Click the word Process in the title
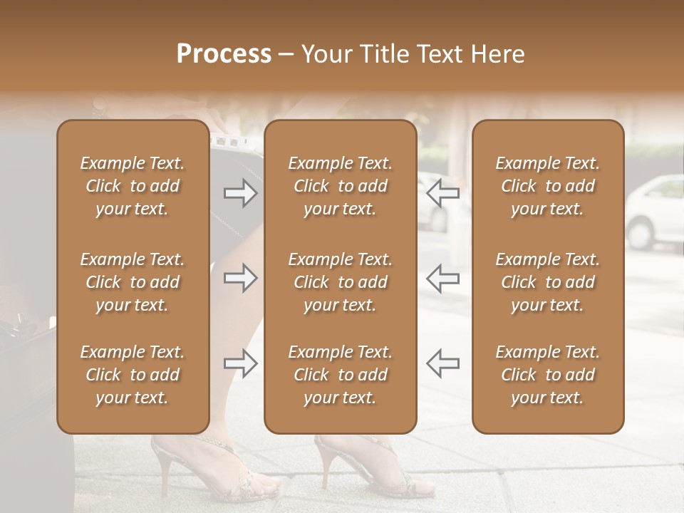[224, 54]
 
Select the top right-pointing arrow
[240, 193]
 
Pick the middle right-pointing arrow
[240, 278]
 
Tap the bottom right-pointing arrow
[240, 363]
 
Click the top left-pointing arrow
[443, 193]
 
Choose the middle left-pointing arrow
[443, 278]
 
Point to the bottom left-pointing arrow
[443, 363]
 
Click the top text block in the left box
[133, 186]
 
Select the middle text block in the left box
[133, 282]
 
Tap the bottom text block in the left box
[133, 375]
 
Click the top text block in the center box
[340, 186]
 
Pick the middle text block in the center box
[340, 282]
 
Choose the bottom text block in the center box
[340, 375]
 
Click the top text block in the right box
[547, 186]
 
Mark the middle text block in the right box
[547, 282]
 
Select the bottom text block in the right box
[547, 375]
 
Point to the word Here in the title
[498, 54]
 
